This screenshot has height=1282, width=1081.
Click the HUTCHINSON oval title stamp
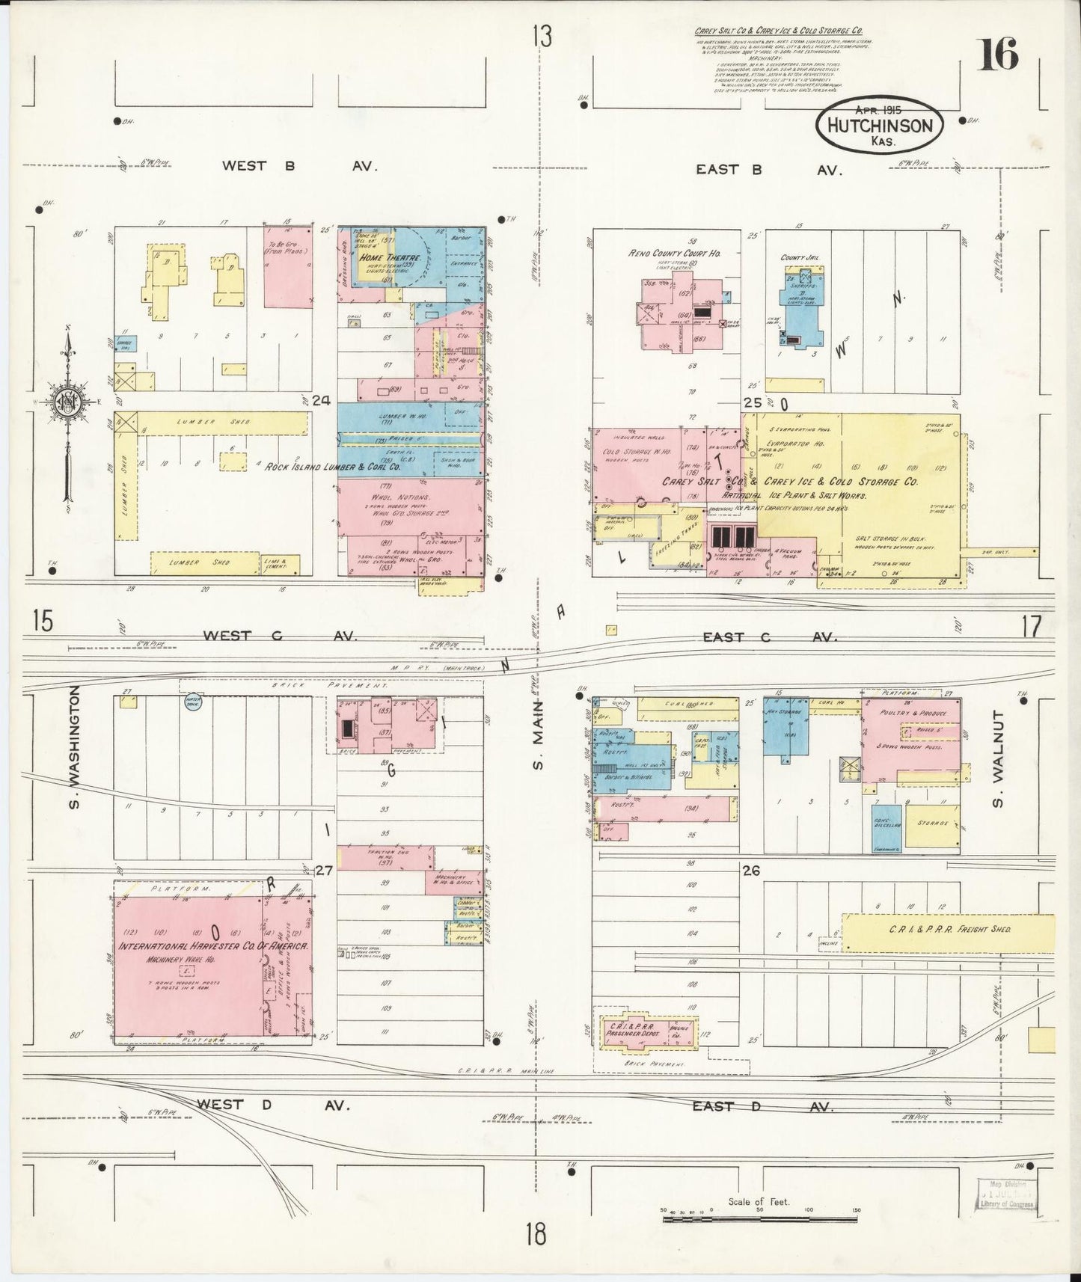(x=880, y=126)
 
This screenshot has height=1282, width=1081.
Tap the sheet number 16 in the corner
(x=997, y=54)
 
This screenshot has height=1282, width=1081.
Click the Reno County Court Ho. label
(x=674, y=254)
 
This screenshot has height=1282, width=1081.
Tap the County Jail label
(x=800, y=257)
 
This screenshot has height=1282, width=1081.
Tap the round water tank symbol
(x=194, y=702)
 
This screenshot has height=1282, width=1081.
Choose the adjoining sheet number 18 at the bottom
(x=536, y=1233)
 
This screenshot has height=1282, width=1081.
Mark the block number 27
(x=323, y=870)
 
